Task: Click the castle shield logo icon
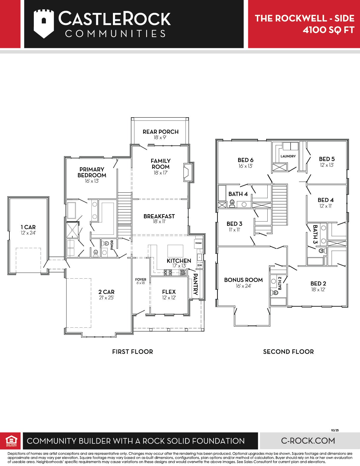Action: (44, 24)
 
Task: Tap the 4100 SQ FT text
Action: (328, 30)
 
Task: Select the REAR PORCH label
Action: (161, 132)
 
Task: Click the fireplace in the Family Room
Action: (189, 172)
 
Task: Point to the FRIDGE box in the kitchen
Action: (198, 243)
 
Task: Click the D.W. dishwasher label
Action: (200, 265)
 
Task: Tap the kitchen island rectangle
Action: (175, 251)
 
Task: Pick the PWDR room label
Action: (112, 245)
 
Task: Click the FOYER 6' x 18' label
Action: (141, 281)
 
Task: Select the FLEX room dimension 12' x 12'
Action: (169, 298)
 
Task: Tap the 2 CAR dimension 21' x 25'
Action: (106, 298)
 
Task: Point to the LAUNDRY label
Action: (288, 156)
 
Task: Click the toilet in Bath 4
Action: (232, 203)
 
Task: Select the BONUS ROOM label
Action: (243, 280)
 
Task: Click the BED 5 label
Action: (327, 159)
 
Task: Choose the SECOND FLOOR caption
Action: (289, 352)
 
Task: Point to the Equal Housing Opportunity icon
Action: (11, 440)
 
